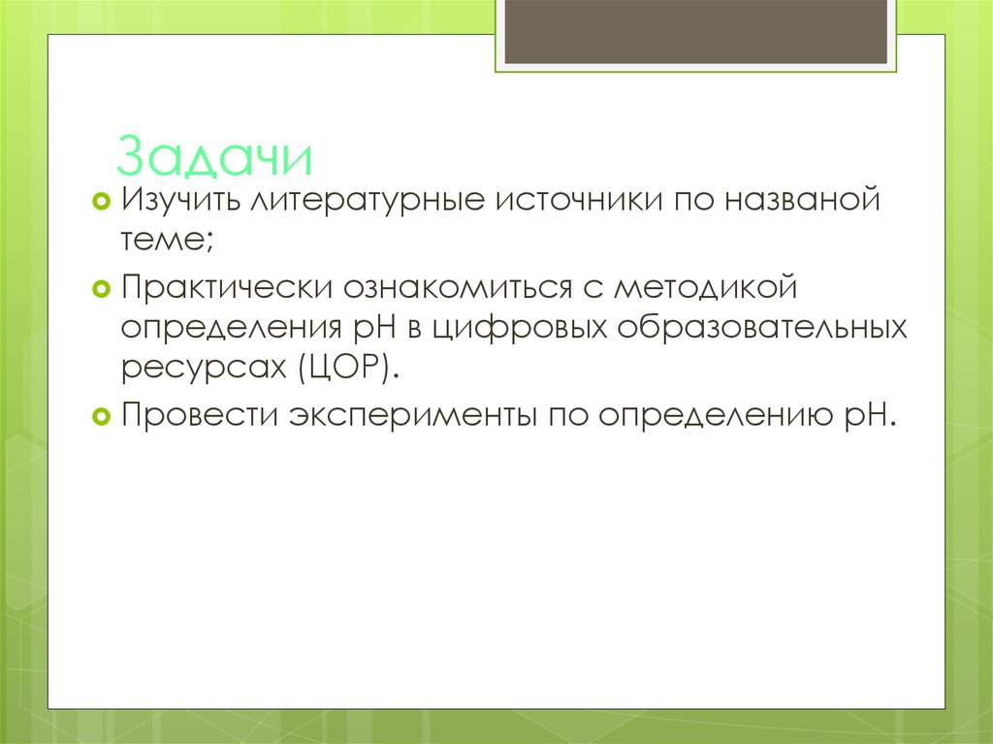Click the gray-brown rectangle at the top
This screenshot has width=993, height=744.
point(696,32)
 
